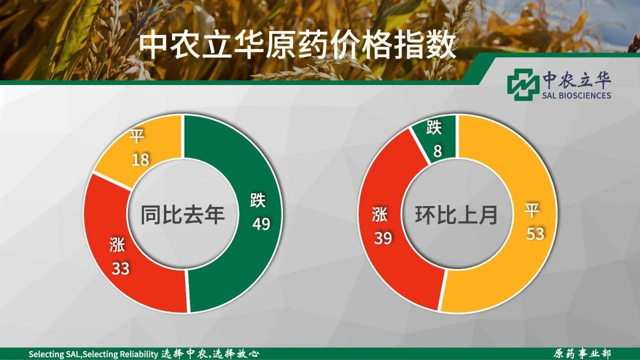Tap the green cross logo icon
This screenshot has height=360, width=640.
pyautogui.click(x=521, y=84)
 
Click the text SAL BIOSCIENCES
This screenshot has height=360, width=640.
pyautogui.click(x=576, y=95)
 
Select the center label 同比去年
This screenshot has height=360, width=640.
pyautogui.click(x=183, y=214)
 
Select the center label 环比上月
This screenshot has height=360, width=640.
pyautogui.click(x=456, y=214)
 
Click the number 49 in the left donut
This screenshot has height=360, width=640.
pyautogui.click(x=261, y=223)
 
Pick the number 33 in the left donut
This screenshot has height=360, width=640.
pyautogui.click(x=120, y=268)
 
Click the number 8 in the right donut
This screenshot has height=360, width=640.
pyautogui.click(x=437, y=151)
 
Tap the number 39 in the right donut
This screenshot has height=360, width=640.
pyautogui.click(x=383, y=238)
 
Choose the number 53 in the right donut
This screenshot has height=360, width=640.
pyautogui.click(x=535, y=233)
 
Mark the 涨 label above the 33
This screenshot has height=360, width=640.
pyautogui.click(x=117, y=245)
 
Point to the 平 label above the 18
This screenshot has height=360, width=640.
pyautogui.click(x=137, y=136)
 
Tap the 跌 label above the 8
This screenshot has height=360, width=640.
pyautogui.click(x=434, y=127)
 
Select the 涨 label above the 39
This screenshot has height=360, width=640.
pyautogui.click(x=379, y=214)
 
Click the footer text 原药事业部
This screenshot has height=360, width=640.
pyautogui.click(x=581, y=353)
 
